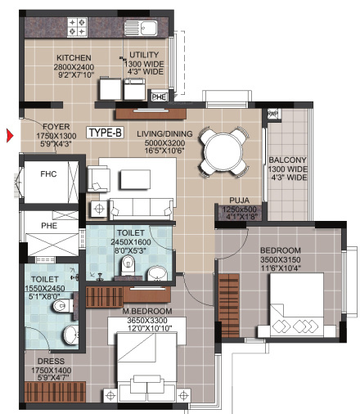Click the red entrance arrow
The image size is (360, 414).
[10, 136]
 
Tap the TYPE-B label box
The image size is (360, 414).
[106, 133]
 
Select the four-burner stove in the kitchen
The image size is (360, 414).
[77, 27]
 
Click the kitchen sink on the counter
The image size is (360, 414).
[141, 28]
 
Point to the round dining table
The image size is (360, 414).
[223, 151]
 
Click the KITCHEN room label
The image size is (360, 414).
[74, 58]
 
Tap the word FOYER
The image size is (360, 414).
[56, 127]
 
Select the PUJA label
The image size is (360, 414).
[239, 200]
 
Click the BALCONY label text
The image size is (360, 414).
[287, 160]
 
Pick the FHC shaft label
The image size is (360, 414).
[48, 173]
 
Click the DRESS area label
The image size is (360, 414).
[51, 361]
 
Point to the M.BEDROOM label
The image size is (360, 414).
[147, 311]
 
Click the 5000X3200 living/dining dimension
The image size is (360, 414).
[164, 142]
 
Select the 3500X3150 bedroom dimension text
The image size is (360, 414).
[281, 259]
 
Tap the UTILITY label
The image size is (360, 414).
[144, 55]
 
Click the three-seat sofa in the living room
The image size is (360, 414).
[142, 209]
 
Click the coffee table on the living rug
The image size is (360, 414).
[135, 179]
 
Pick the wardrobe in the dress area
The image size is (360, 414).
[55, 392]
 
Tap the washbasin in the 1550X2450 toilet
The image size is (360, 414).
[71, 335]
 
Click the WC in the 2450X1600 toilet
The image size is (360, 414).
[128, 265]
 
